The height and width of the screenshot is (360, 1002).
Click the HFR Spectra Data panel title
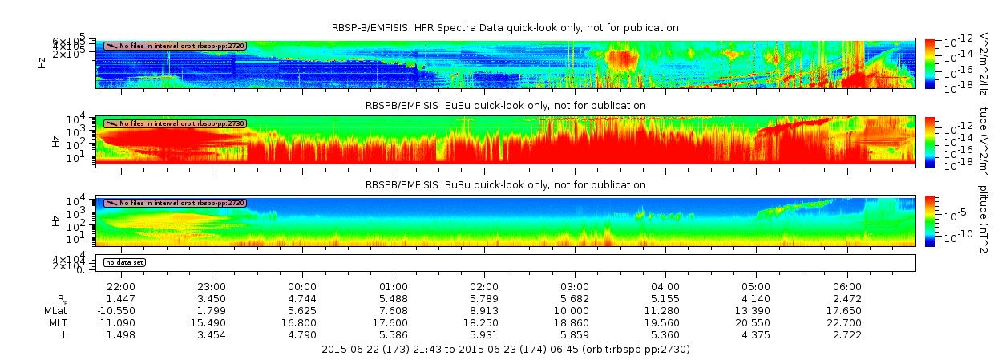[505, 28]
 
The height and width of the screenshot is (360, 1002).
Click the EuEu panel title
[505, 105]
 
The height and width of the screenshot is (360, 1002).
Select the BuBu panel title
[505, 184]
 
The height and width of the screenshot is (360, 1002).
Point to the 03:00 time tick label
[575, 286]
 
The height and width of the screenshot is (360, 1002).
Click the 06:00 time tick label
[847, 286]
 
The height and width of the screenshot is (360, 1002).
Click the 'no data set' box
[124, 262]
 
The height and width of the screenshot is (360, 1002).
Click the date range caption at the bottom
[505, 350]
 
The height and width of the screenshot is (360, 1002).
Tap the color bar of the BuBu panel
[931, 220]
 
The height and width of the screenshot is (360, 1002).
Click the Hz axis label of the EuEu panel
[55, 141]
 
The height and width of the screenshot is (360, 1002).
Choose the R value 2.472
[847, 298]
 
